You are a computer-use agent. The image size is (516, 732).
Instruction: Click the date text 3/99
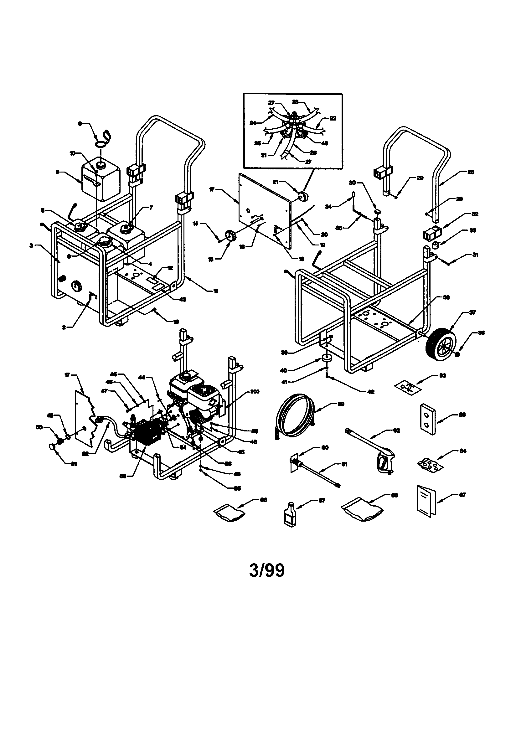(267, 571)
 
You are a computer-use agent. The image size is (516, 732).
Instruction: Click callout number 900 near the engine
(255, 392)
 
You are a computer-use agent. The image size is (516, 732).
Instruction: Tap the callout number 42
(370, 392)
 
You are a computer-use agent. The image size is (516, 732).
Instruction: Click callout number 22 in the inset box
(333, 118)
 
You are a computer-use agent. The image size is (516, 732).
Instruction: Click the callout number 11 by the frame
(216, 291)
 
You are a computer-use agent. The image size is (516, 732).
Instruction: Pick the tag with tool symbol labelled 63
(408, 387)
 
